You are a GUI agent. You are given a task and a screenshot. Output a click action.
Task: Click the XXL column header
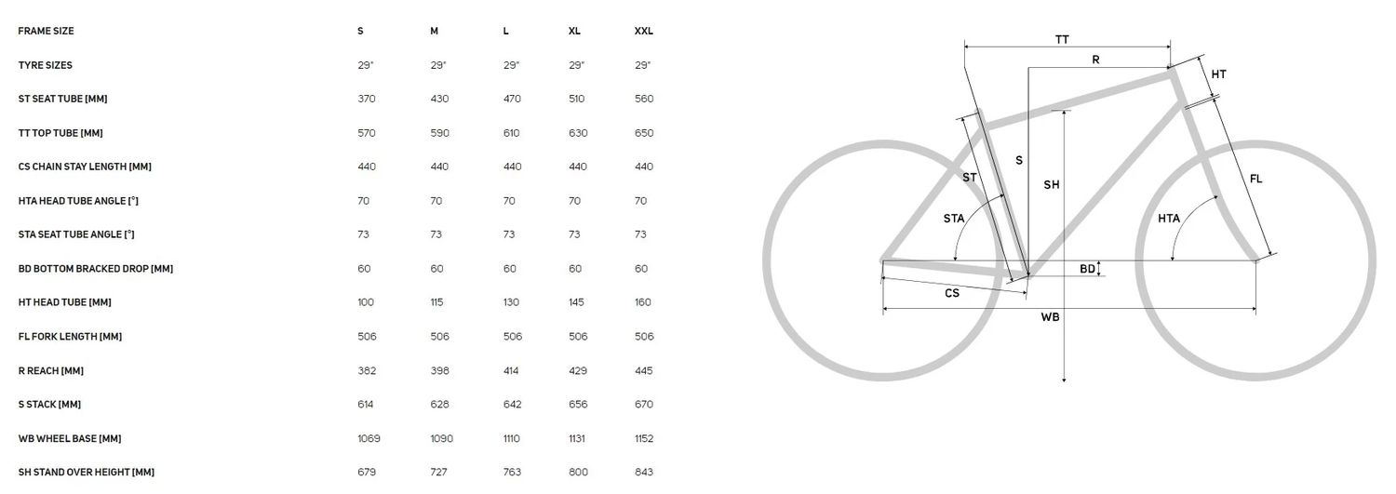pyautogui.click(x=644, y=31)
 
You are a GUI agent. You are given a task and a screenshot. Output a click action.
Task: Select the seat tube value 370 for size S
pyautogui.click(x=367, y=99)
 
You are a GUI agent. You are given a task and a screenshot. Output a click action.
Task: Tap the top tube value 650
pyautogui.click(x=644, y=133)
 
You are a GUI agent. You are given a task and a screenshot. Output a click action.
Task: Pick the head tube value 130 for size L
pyautogui.click(x=511, y=302)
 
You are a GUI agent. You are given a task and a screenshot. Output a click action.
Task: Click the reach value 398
pyautogui.click(x=439, y=370)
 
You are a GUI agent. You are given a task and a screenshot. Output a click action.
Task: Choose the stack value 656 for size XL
pyautogui.click(x=578, y=405)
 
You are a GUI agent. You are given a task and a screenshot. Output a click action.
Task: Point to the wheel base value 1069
pyautogui.click(x=369, y=438)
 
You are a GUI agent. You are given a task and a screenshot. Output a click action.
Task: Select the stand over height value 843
pyautogui.click(x=644, y=473)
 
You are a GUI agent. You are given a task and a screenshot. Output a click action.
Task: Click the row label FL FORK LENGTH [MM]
pyautogui.click(x=70, y=337)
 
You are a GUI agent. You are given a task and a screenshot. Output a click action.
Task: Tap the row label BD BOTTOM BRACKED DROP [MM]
pyautogui.click(x=95, y=269)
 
